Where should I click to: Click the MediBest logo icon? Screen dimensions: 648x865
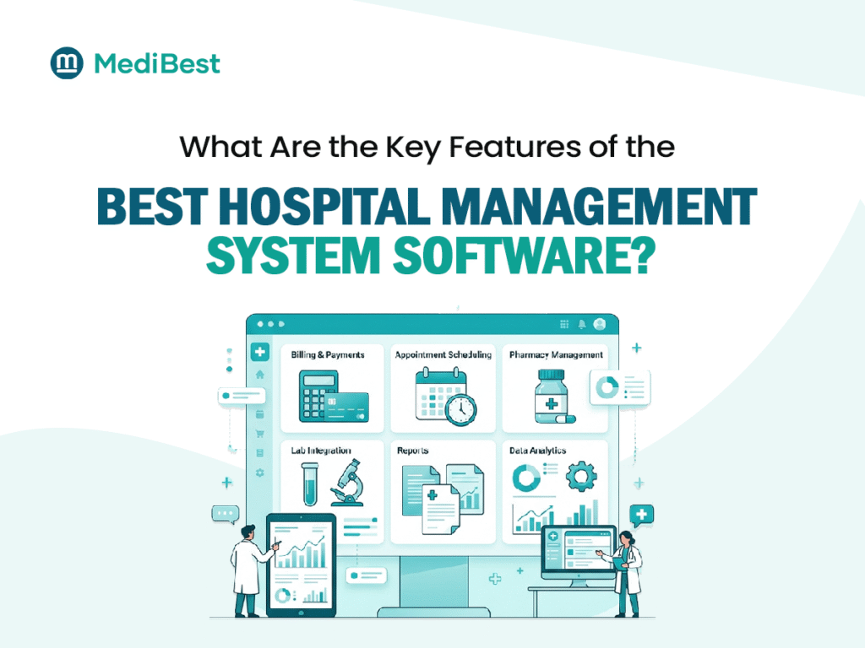point(67,63)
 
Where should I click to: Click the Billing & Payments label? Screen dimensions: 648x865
point(328,355)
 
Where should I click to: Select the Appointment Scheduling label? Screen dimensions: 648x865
point(443,355)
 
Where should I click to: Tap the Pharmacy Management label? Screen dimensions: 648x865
point(556,355)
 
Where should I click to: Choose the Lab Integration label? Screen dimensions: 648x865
point(321,451)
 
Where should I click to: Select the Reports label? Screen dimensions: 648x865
point(413,451)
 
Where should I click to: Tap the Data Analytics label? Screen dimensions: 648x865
point(537,451)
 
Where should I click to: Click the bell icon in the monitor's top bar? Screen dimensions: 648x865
point(582,324)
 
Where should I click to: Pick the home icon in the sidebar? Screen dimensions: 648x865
point(260,374)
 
